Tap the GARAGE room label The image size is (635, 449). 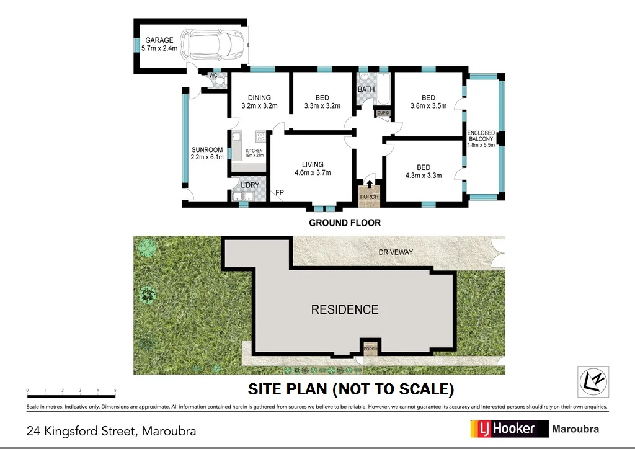pyautogui.click(x=159, y=44)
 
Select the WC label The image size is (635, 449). pyautogui.click(x=213, y=76)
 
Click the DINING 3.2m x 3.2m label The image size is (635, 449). pyautogui.click(x=259, y=101)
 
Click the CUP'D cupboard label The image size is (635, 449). pyautogui.click(x=383, y=113)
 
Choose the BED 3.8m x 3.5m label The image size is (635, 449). pyautogui.click(x=429, y=101)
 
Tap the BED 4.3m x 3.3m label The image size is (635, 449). pyautogui.click(x=424, y=171)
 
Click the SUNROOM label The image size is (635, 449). pyautogui.click(x=206, y=153)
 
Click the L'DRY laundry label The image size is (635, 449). pyautogui.click(x=249, y=185)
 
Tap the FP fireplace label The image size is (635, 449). pyautogui.click(x=280, y=193)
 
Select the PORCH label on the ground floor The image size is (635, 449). pyautogui.click(x=370, y=197)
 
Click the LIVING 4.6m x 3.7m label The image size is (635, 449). pyautogui.click(x=313, y=169)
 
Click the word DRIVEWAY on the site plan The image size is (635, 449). pyautogui.click(x=396, y=252)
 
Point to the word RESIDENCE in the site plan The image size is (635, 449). pyautogui.click(x=345, y=309)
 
